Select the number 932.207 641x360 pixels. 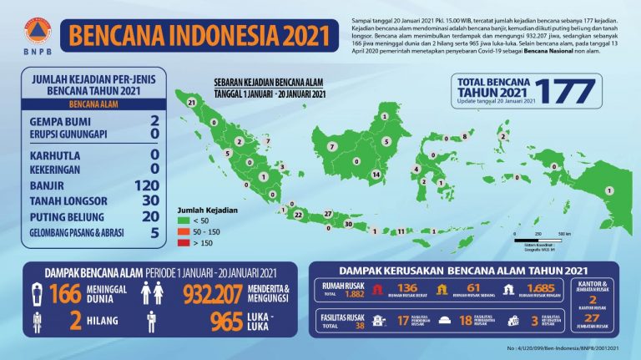point(216,293)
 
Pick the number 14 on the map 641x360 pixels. point(376,174)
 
